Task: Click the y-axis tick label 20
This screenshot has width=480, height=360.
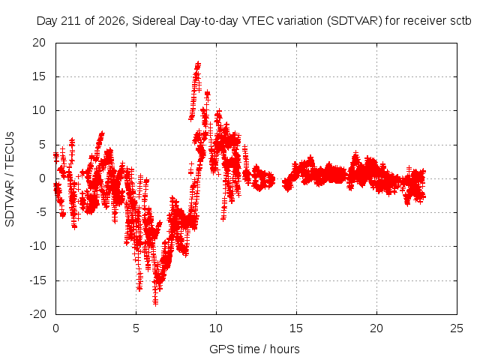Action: pyautogui.click(x=39, y=43)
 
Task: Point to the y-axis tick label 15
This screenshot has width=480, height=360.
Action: pyautogui.click(x=39, y=76)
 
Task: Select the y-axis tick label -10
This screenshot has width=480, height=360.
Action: pyautogui.click(x=37, y=246)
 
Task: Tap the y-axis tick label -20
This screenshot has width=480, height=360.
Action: pyautogui.click(x=37, y=314)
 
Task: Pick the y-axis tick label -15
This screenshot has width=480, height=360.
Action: pyautogui.click(x=37, y=280)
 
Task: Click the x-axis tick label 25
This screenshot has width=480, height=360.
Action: pyautogui.click(x=457, y=328)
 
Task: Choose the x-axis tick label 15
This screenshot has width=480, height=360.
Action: pyautogui.click(x=296, y=328)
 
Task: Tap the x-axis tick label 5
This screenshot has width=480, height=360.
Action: pyautogui.click(x=136, y=328)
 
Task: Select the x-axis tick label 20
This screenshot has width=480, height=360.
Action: pyautogui.click(x=376, y=328)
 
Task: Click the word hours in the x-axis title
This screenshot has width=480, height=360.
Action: pyautogui.click(x=285, y=349)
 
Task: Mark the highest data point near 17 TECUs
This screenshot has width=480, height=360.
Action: pyautogui.click(x=198, y=63)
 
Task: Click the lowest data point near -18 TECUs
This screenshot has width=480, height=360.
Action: pyautogui.click(x=155, y=303)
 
